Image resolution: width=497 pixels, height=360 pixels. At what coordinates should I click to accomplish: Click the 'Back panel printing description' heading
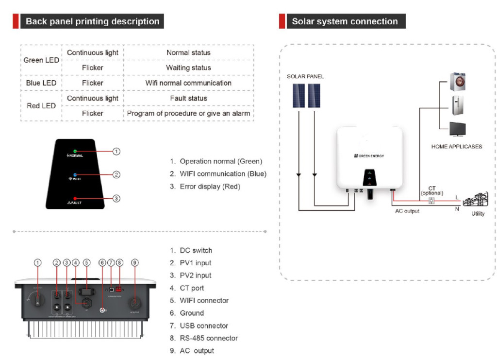pos(92,21)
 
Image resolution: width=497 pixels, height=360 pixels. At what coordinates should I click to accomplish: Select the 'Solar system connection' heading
pos(345,21)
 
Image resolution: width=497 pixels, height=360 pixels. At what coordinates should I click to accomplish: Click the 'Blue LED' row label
pos(41,83)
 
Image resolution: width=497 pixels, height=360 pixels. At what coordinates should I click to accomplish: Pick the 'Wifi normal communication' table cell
pos(188,83)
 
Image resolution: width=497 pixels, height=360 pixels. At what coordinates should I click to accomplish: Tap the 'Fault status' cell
pos(188,98)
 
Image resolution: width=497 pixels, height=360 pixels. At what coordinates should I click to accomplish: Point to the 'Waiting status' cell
pos(188,68)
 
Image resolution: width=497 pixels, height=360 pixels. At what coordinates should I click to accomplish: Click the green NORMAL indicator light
pos(75,151)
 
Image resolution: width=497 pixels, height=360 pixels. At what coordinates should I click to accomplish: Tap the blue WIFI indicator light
pos(75,174)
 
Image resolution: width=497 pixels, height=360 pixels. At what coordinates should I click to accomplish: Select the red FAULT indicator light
pos(75,198)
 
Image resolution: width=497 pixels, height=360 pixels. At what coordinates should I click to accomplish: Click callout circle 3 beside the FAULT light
pos(116,198)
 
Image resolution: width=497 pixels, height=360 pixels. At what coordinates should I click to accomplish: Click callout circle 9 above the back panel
pos(135,262)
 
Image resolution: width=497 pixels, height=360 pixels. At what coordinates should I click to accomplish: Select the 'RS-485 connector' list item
pos(209,338)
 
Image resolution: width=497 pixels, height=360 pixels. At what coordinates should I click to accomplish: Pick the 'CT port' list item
pos(192,288)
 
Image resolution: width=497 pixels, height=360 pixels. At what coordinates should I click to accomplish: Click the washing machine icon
pos(458,82)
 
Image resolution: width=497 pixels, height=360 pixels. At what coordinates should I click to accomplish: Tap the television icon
pos(458,129)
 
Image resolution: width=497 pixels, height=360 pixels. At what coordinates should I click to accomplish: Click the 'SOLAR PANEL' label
pos(305,76)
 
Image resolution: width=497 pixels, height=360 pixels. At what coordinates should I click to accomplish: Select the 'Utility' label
pos(478,214)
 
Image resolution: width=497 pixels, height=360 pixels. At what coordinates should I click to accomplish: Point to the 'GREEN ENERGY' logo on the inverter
pos(369,155)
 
